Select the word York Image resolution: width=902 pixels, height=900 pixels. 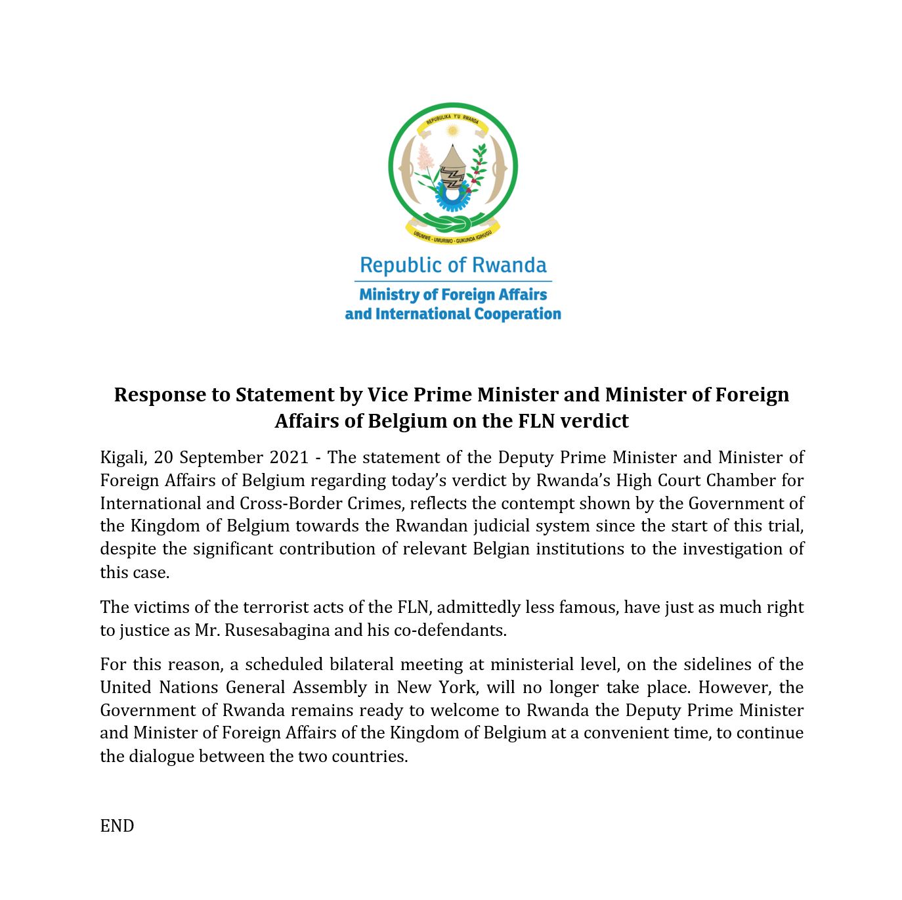pyautogui.click(x=458, y=688)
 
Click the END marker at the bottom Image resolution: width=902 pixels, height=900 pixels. pyautogui.click(x=117, y=826)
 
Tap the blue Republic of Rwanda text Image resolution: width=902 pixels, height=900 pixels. pyautogui.click(x=453, y=265)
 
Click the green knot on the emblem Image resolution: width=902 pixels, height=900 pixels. pyautogui.click(x=452, y=223)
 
